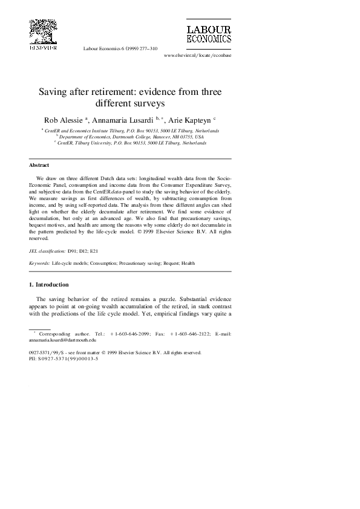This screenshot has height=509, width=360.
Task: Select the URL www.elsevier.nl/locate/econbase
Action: pos(198,55)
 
